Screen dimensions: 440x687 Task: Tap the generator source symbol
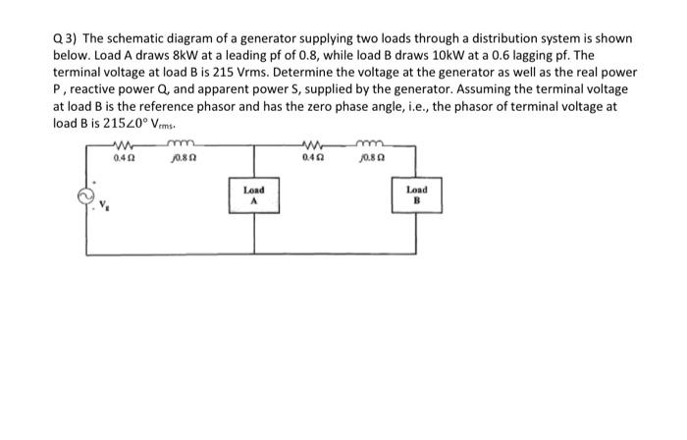coord(85,196)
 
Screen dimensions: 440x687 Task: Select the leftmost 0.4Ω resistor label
coord(125,156)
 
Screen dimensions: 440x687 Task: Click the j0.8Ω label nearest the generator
coord(181,156)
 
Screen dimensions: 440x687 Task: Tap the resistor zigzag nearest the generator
coord(125,145)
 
